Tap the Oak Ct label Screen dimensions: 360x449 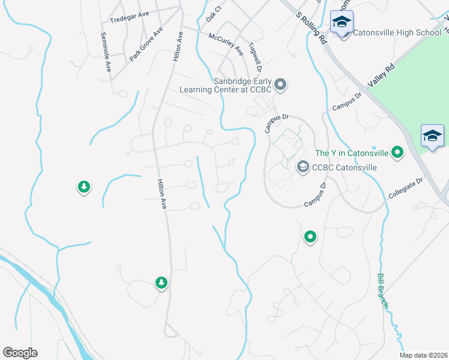click(x=214, y=13)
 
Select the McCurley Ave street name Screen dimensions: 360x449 click(x=226, y=42)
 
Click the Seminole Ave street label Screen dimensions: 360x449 click(x=106, y=52)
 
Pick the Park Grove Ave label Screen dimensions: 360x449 click(x=146, y=44)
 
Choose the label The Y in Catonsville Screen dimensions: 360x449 click(x=351, y=153)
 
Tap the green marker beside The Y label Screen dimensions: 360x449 click(x=396, y=153)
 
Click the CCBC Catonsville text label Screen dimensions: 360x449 click(x=345, y=167)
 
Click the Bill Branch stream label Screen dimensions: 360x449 click(x=383, y=291)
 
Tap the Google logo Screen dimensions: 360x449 click(x=20, y=353)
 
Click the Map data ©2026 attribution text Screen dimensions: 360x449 click(x=423, y=356)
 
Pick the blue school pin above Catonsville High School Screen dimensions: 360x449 click(x=342, y=22)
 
